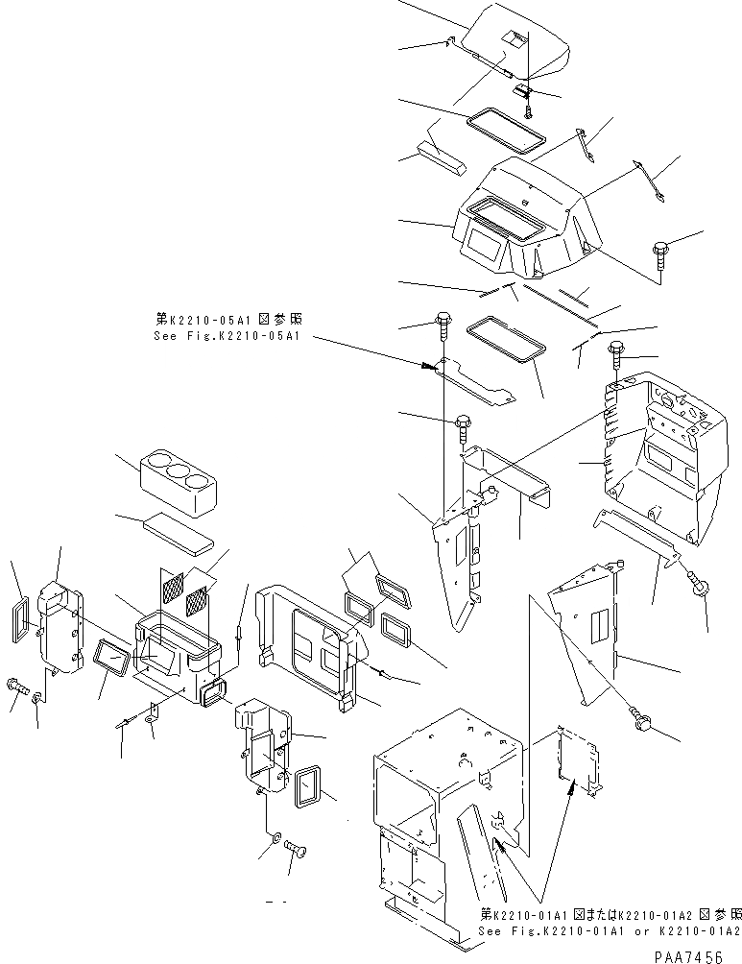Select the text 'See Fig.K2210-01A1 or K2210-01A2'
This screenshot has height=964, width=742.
(x=609, y=931)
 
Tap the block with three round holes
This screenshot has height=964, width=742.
(x=177, y=479)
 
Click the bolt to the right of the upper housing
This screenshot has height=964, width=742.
(x=662, y=255)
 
